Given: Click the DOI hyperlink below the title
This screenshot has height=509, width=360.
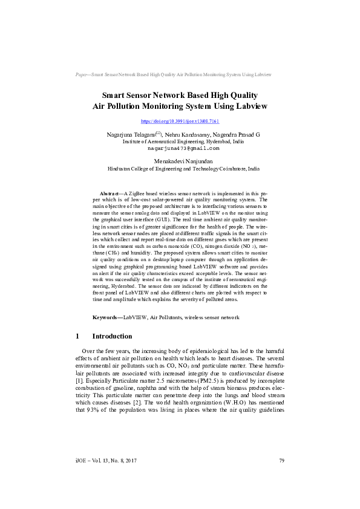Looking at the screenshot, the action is tap(180, 122).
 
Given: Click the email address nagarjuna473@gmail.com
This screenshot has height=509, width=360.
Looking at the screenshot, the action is tap(180, 148).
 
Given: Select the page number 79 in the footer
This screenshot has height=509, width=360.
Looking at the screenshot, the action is tap(281, 478).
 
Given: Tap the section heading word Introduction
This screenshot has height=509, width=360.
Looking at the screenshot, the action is tap(112, 336).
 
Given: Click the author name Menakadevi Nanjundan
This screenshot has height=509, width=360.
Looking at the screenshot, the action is tap(180, 162).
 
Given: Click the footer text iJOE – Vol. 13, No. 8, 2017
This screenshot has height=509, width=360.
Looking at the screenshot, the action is tap(103, 478).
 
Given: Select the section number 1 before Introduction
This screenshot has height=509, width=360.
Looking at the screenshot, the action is tap(77, 336).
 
